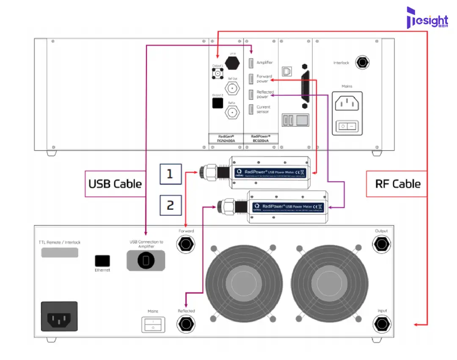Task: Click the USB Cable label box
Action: [x=115, y=184]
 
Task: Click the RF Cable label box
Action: [x=398, y=184]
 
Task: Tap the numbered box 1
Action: [x=170, y=174]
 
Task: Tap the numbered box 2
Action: [x=170, y=205]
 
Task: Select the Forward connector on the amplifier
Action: [x=186, y=244]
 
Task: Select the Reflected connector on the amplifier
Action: [x=186, y=324]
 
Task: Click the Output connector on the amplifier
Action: [x=381, y=244]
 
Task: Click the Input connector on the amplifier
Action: [x=382, y=324]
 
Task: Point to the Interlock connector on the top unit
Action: [x=362, y=63]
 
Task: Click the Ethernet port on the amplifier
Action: [x=102, y=261]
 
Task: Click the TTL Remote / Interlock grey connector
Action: [x=60, y=253]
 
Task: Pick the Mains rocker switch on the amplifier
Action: [x=153, y=324]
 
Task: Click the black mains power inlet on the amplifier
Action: [x=59, y=316]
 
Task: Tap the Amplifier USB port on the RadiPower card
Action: [x=251, y=63]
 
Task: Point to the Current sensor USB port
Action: [x=251, y=109]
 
